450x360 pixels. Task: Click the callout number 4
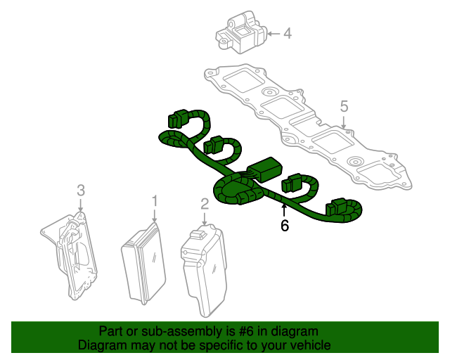pos(288,34)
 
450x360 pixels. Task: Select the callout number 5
pos(344,106)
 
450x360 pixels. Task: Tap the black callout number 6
pos(284,226)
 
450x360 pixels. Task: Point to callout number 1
pos(155,201)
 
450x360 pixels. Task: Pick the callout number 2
pos(205,204)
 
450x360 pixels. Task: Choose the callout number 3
pos(81,191)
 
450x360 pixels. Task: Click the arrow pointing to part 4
pos(274,34)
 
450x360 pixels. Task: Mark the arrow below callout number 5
pos(344,122)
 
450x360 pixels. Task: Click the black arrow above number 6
pos(284,210)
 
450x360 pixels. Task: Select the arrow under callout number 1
pos(155,216)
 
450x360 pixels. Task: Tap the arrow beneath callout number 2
pos(205,219)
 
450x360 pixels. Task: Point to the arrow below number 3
pos(81,206)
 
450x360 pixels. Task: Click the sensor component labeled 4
pos(241,32)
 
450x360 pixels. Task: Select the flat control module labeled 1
pos(143,263)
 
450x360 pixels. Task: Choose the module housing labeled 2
pos(205,271)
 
